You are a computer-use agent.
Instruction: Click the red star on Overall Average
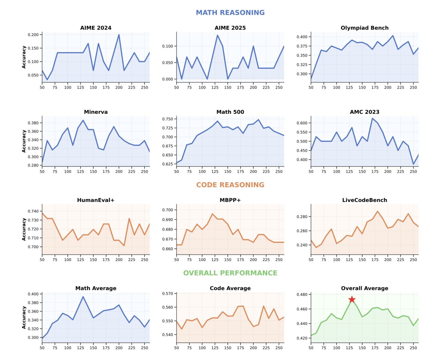(352, 299)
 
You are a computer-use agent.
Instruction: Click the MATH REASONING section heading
(230, 13)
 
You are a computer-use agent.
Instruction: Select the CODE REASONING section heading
(230, 185)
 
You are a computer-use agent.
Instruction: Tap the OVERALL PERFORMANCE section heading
(230, 273)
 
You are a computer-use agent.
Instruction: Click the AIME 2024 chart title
(96, 28)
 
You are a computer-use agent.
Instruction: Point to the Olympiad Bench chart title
(364, 28)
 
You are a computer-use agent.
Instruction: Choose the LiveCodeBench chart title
(364, 200)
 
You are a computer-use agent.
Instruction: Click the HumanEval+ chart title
(96, 200)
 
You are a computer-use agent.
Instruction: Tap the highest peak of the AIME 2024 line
(119, 35)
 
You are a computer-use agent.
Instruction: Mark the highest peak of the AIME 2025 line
(217, 35)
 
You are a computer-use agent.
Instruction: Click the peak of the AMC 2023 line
(372, 118)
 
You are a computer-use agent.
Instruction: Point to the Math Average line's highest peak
(83, 297)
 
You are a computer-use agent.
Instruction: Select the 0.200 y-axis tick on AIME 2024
(33, 35)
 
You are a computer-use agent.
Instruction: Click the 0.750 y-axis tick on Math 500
(168, 119)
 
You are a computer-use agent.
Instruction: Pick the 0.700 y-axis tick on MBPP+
(168, 210)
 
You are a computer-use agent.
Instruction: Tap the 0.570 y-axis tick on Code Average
(168, 294)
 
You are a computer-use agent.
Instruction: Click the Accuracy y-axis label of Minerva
(24, 141)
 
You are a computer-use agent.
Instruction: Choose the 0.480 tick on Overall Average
(302, 294)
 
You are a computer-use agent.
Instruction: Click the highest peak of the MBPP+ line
(212, 214)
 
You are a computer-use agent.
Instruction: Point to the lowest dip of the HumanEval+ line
(124, 246)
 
